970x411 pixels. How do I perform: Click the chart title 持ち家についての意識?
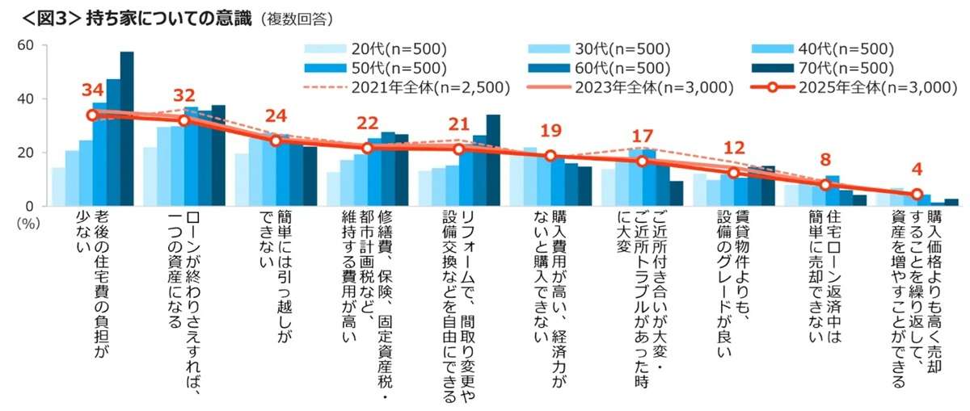[183, 16]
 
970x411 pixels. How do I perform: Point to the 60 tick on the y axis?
[24, 45]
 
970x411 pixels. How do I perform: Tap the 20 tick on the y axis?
[24, 153]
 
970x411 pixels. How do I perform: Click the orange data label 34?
[91, 90]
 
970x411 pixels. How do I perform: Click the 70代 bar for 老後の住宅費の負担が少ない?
[127, 129]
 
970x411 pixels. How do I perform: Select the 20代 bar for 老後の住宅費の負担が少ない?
[58, 187]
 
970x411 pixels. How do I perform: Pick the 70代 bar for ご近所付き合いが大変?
[677, 193]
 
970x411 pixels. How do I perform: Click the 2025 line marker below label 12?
[734, 172]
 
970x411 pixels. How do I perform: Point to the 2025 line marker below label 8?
[825, 185]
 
